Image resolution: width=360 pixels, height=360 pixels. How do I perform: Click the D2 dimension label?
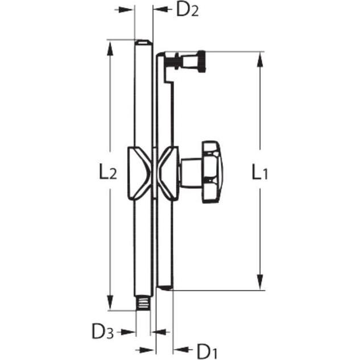pos(187,10)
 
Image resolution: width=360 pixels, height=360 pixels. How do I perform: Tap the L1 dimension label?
pos(260,173)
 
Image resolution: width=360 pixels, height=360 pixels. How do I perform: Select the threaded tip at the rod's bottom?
pos(143,303)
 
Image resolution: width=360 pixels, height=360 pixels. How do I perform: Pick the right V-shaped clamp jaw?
pos(168,172)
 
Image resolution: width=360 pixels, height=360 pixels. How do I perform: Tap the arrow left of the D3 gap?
pos(129,332)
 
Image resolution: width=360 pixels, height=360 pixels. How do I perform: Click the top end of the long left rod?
pos(143,43)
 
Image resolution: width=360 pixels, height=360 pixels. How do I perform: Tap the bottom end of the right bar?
pos(164,287)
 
